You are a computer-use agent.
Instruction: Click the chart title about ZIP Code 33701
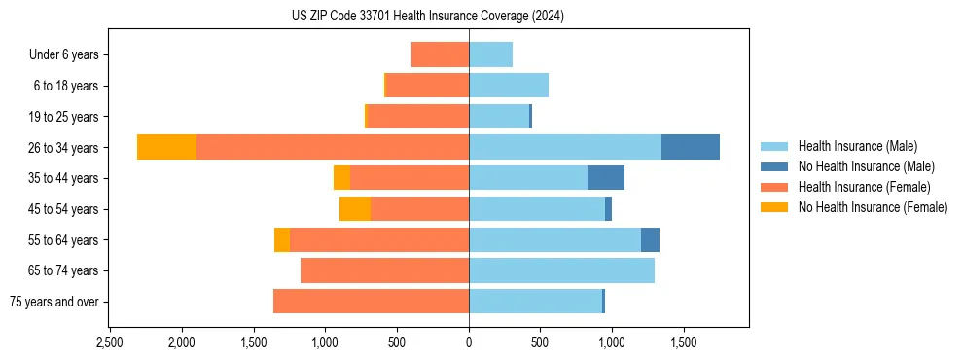click(428, 17)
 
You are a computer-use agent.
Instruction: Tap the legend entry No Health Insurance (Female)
click(873, 207)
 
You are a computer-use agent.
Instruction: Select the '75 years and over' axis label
click(53, 302)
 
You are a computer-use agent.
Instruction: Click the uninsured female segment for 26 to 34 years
click(166, 147)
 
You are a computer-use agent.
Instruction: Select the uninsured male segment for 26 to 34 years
click(691, 147)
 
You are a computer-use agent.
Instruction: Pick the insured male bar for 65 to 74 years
click(561, 270)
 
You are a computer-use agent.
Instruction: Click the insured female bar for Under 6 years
click(440, 54)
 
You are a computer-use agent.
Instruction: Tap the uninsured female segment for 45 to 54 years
click(355, 209)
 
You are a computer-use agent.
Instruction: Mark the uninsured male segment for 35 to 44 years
click(606, 178)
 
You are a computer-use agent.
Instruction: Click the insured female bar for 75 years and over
click(371, 302)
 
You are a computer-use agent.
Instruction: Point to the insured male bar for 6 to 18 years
click(509, 86)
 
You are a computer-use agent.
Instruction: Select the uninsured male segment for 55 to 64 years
click(650, 239)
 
